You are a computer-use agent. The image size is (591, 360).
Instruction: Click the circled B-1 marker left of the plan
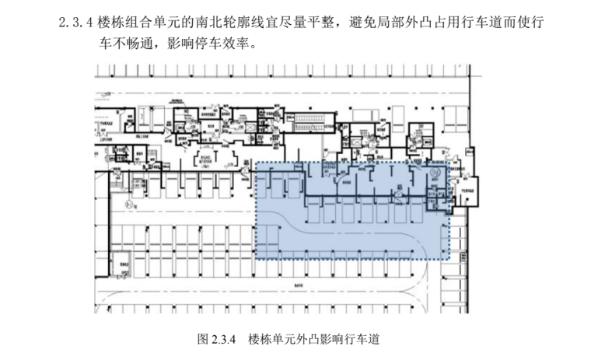point(111,204)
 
